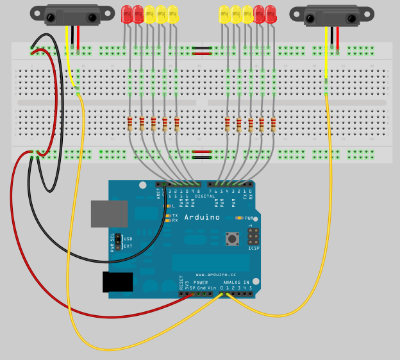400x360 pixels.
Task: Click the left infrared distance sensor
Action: [x=72, y=14]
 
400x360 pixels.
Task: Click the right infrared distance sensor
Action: [x=331, y=16]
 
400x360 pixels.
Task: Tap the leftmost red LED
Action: [x=126, y=14]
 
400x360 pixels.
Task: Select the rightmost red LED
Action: [x=271, y=14]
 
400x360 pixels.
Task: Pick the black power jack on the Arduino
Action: [x=118, y=282]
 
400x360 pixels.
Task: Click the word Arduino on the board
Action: [x=202, y=217]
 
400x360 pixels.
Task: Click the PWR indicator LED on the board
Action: [x=238, y=218]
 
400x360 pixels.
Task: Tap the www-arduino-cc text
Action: [x=215, y=274]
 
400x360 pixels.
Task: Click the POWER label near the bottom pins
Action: [x=201, y=282]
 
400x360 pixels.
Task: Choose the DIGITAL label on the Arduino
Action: [x=205, y=196]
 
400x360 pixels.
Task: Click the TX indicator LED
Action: [x=168, y=215]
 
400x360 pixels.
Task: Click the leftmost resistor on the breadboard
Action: [x=130, y=123]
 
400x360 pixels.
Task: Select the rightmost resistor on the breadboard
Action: [x=273, y=123]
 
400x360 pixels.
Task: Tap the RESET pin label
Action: [x=181, y=283]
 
